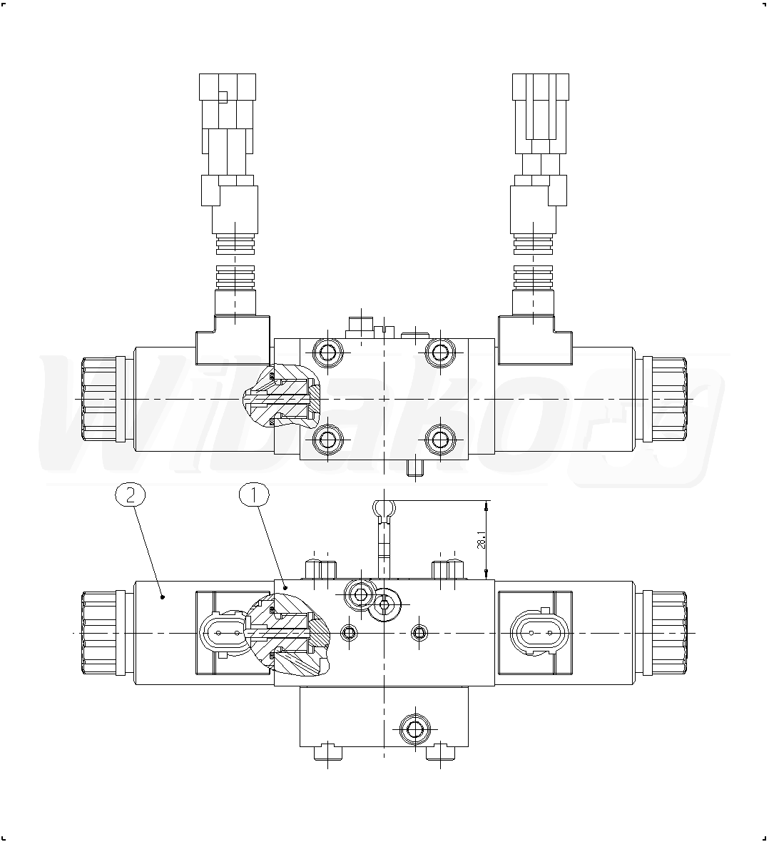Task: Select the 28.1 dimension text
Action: tap(481, 540)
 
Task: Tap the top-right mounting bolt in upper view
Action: tap(440, 352)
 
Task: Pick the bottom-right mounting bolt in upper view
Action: tap(440, 440)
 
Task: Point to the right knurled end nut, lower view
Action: tap(665, 633)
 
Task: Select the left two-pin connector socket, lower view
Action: tap(225, 633)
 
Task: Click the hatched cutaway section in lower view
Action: tap(287, 633)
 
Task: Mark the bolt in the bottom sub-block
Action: tap(414, 729)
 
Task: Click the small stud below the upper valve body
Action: tap(414, 467)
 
